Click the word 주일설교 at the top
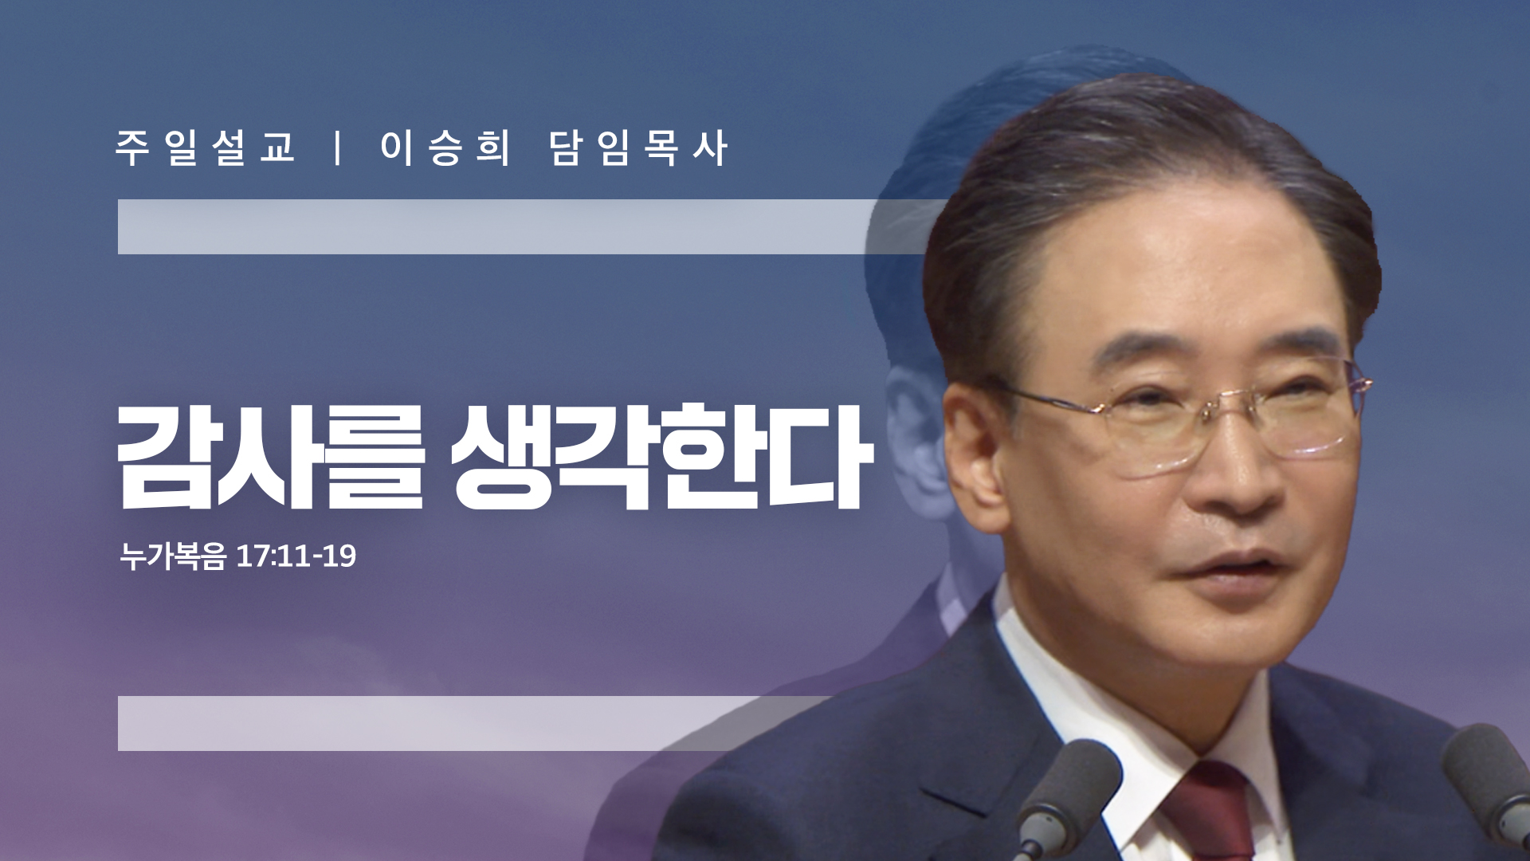pyautogui.click(x=206, y=148)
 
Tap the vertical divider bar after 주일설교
pyautogui.click(x=339, y=148)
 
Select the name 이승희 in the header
pyautogui.click(x=445, y=148)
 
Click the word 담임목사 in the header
pyautogui.click(x=638, y=148)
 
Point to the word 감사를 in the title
pyautogui.click(x=271, y=457)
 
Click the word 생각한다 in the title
pyautogui.click(x=662, y=457)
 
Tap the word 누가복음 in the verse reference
pyautogui.click(x=173, y=556)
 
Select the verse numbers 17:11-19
pyautogui.click(x=296, y=556)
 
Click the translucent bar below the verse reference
pyautogui.click(x=478, y=723)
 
